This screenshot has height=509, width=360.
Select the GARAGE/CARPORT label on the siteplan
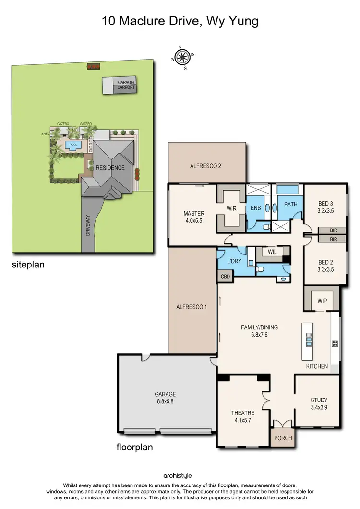click(x=126, y=85)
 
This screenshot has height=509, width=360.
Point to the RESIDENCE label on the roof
click(x=110, y=168)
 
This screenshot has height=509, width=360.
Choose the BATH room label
click(x=290, y=204)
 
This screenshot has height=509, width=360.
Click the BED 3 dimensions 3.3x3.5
click(x=325, y=210)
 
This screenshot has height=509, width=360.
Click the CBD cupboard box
click(x=225, y=276)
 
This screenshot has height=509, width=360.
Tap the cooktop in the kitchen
click(x=335, y=343)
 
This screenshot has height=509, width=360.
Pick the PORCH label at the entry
click(x=282, y=438)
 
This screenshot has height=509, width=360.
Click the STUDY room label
click(x=319, y=400)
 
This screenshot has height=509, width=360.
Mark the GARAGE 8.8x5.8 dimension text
click(x=165, y=401)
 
